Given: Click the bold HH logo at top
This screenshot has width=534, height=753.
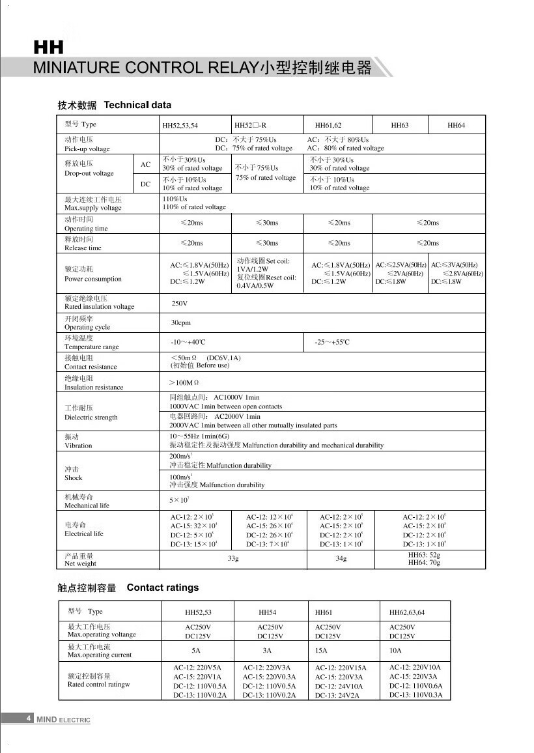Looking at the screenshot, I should pos(48,48).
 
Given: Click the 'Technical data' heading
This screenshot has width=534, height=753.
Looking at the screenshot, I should pos(137,105).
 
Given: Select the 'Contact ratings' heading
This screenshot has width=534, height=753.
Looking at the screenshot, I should pos(163,588).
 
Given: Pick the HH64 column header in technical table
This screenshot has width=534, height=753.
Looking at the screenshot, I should pos(457,125).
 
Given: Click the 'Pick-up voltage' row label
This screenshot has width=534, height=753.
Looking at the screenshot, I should pos(87,149).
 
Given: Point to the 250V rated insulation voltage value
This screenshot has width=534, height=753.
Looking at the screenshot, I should pos(179,304).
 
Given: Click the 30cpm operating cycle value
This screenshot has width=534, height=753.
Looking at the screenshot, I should pos(181,323).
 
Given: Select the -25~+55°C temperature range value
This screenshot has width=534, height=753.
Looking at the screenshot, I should pos(332,343).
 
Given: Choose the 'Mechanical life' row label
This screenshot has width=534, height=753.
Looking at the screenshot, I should pos(87,505).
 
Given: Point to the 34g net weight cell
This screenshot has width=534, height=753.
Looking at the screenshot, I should pos(341,559).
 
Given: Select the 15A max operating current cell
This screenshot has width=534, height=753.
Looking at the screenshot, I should pos(320,651).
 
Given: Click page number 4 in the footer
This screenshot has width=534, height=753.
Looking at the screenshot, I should pos(28,718).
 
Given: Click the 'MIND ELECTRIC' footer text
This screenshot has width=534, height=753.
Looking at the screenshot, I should pos(63,719).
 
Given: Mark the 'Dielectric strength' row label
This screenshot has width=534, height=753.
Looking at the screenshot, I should pos(91,417).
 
